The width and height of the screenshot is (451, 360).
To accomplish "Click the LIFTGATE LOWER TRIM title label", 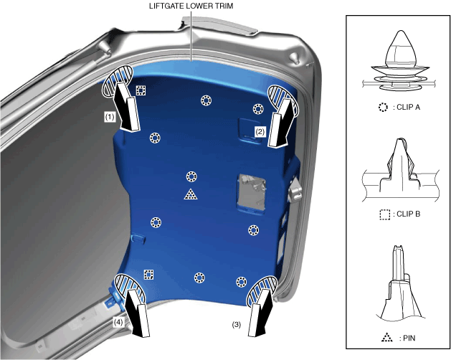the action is click(191, 6).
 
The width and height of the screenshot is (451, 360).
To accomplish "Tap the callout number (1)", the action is click(110, 117).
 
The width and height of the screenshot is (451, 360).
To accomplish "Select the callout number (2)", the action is click(260, 132).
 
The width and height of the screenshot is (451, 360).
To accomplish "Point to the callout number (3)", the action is click(236, 325).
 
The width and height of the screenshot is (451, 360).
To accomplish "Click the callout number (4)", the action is click(118, 322).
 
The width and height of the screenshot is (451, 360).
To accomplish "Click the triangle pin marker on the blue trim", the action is click(191, 194).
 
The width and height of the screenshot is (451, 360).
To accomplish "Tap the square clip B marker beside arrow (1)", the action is click(141, 90).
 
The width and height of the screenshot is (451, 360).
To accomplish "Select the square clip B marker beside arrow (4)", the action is click(148, 275).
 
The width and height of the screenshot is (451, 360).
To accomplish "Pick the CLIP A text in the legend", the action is click(408, 107).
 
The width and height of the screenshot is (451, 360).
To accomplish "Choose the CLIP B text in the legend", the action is click(408, 214).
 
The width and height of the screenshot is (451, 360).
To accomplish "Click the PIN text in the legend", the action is click(409, 338).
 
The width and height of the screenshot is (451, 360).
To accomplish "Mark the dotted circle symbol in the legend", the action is click(383, 107).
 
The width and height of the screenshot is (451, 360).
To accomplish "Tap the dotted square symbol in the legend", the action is click(384, 214).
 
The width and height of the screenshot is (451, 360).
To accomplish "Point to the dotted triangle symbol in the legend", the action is click(387, 337).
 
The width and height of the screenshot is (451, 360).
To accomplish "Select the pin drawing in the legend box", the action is click(400, 283).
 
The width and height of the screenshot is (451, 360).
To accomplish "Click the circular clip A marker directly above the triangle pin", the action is click(191, 176).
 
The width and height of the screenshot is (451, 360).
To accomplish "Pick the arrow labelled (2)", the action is click(281, 123).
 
